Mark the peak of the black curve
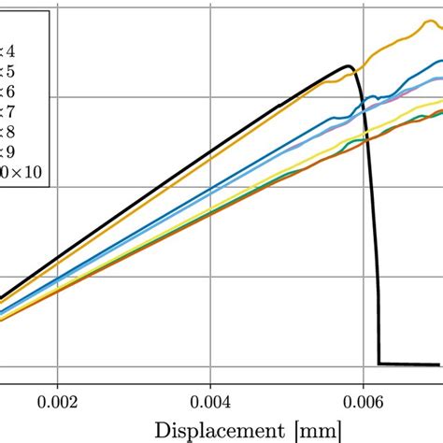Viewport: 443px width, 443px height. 349,66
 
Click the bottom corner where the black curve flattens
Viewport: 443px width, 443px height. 379,364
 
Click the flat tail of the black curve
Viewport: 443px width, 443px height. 411,364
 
